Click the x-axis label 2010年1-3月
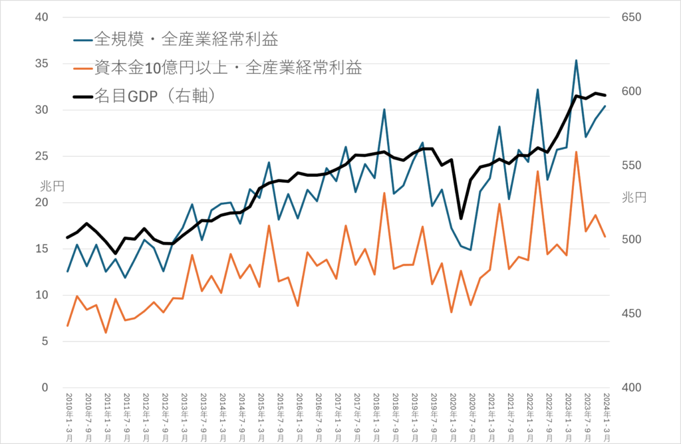coord(68,413)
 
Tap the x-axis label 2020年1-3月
coord(452,413)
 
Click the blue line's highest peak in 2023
coord(576,60)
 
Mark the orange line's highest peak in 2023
coord(576,152)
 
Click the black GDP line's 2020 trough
coord(461,218)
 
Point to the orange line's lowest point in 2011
coord(106,332)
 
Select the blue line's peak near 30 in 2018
coord(384,110)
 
